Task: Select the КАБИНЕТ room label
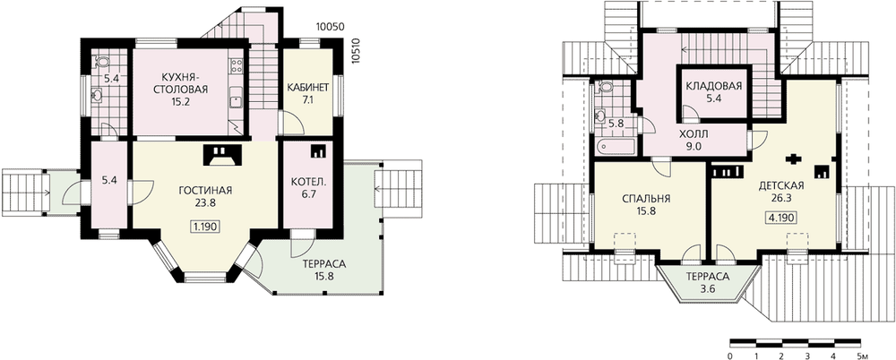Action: pyautogui.click(x=309, y=88)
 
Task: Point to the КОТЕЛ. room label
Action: pyautogui.click(x=308, y=183)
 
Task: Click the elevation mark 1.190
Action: pyautogui.click(x=204, y=227)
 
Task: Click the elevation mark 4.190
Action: pyautogui.click(x=781, y=217)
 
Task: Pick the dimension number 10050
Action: pyautogui.click(x=332, y=27)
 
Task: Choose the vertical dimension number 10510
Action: pyautogui.click(x=358, y=55)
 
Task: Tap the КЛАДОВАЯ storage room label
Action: pyautogui.click(x=714, y=86)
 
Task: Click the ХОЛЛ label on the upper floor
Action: pyautogui.click(x=694, y=134)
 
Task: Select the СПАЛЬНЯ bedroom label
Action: pyautogui.click(x=646, y=199)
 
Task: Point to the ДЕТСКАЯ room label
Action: pyautogui.click(x=781, y=185)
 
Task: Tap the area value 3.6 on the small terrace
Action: pyautogui.click(x=708, y=288)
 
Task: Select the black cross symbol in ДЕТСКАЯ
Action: pyautogui.click(x=793, y=159)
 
